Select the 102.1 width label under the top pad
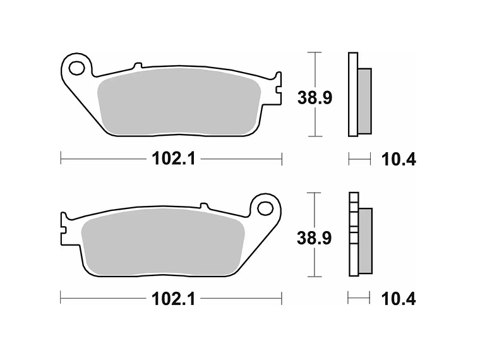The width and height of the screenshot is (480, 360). tap(171, 159)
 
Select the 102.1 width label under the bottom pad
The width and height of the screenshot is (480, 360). tap(171, 299)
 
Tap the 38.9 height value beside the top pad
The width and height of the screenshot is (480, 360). tap(315, 97)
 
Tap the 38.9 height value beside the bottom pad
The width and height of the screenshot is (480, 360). tap(315, 237)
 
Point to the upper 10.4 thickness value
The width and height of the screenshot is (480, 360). tap(398, 159)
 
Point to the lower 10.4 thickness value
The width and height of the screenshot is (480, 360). tap(398, 299)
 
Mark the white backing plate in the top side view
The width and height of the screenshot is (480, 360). tap(352, 95)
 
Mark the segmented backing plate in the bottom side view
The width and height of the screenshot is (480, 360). tap(352, 234)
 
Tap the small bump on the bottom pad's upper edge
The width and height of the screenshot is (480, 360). tap(203, 205)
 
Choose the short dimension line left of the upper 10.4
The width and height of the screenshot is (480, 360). tap(359, 159)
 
